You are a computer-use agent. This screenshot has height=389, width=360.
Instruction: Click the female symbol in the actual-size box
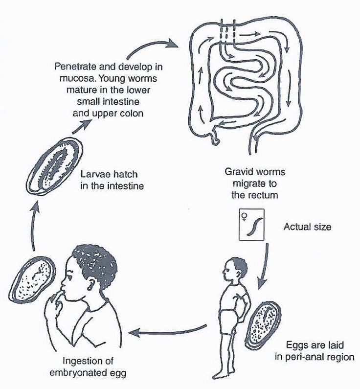[244, 217]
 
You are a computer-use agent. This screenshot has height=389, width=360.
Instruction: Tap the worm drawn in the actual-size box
[255, 227]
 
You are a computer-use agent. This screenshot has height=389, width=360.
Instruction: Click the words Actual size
[307, 227]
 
